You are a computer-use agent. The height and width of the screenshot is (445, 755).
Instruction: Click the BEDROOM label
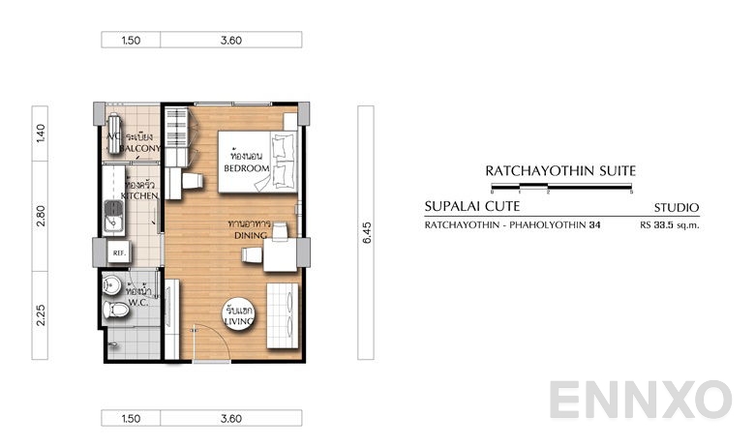coord(246,168)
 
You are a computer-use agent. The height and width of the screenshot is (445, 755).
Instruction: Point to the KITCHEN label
coord(138,195)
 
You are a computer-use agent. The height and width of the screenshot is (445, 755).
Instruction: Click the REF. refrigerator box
coord(120,253)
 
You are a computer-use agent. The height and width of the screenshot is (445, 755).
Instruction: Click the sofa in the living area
coord(287,312)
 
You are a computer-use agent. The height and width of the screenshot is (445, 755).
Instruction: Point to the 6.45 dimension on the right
coord(366,232)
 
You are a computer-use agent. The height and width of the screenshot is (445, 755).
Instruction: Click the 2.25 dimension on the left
coord(40,315)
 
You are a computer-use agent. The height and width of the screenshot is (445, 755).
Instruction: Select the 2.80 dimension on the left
coord(40,217)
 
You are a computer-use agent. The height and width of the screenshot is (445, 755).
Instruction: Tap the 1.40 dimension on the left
coord(40,133)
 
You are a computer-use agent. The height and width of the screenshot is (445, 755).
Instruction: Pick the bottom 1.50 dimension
coord(132,419)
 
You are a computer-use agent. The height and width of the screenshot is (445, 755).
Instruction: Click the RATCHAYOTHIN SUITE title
coord(560,170)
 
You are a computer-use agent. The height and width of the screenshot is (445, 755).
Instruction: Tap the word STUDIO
coord(677,207)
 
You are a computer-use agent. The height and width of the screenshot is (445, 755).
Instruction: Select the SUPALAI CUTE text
coord(472,206)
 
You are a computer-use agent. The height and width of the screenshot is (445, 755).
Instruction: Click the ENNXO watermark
coord(641,400)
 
